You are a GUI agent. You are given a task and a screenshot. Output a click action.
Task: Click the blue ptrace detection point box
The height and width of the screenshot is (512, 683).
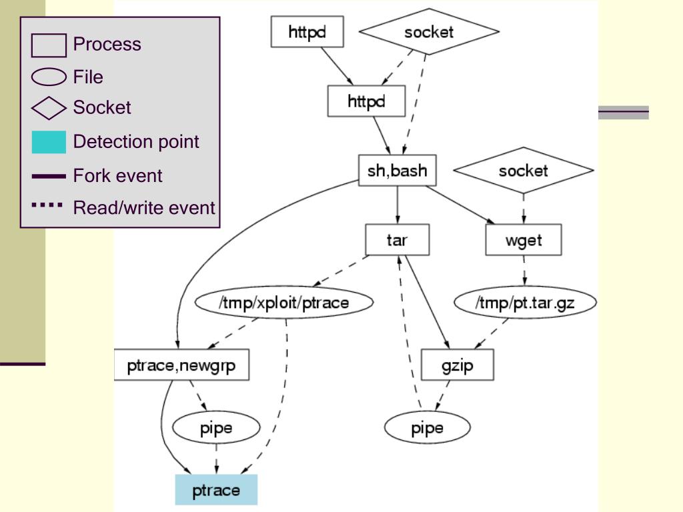pos(216,490)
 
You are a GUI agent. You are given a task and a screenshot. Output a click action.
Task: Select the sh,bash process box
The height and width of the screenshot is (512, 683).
pos(398,170)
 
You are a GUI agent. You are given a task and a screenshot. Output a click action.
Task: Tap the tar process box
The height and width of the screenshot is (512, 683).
pos(398,240)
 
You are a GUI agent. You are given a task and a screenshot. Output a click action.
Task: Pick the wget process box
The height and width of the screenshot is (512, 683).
pos(524,240)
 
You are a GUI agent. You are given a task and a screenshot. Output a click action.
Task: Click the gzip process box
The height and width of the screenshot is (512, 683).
pos(458,365)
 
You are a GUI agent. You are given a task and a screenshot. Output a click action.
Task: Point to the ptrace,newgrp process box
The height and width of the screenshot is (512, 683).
pos(181,365)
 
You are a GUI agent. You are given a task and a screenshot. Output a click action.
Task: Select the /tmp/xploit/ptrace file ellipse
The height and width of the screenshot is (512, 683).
pos(284,303)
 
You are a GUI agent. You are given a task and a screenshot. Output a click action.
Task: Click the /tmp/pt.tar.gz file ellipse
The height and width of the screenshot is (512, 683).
pos(525,303)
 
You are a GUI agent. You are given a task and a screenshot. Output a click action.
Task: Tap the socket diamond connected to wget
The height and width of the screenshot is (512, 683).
pos(524,170)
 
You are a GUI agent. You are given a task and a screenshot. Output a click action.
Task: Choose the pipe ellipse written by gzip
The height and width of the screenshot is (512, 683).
pos(428,427)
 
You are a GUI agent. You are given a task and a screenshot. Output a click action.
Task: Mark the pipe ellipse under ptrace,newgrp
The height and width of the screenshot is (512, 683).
pos(216,427)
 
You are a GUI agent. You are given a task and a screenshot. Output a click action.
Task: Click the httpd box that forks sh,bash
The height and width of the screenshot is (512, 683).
pos(366,101)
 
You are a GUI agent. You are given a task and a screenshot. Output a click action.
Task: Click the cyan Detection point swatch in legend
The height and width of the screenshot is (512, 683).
pos(49,142)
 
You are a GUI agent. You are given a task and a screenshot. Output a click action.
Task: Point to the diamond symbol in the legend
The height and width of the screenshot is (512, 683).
pos(49,108)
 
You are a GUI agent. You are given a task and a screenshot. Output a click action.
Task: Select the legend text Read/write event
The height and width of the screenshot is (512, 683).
pos(144,208)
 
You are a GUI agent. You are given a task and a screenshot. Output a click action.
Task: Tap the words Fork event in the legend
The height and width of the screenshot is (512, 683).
pos(117,176)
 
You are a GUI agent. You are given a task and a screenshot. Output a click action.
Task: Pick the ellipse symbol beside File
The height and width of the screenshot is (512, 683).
pos(49,77)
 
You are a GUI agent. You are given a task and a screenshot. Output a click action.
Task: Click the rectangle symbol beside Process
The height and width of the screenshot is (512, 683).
pos(49,45)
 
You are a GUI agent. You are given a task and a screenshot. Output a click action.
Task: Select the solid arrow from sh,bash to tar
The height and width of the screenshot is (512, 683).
pos(398,205)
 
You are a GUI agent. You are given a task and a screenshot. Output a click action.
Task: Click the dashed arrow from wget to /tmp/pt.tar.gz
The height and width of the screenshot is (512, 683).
pos(524,271)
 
